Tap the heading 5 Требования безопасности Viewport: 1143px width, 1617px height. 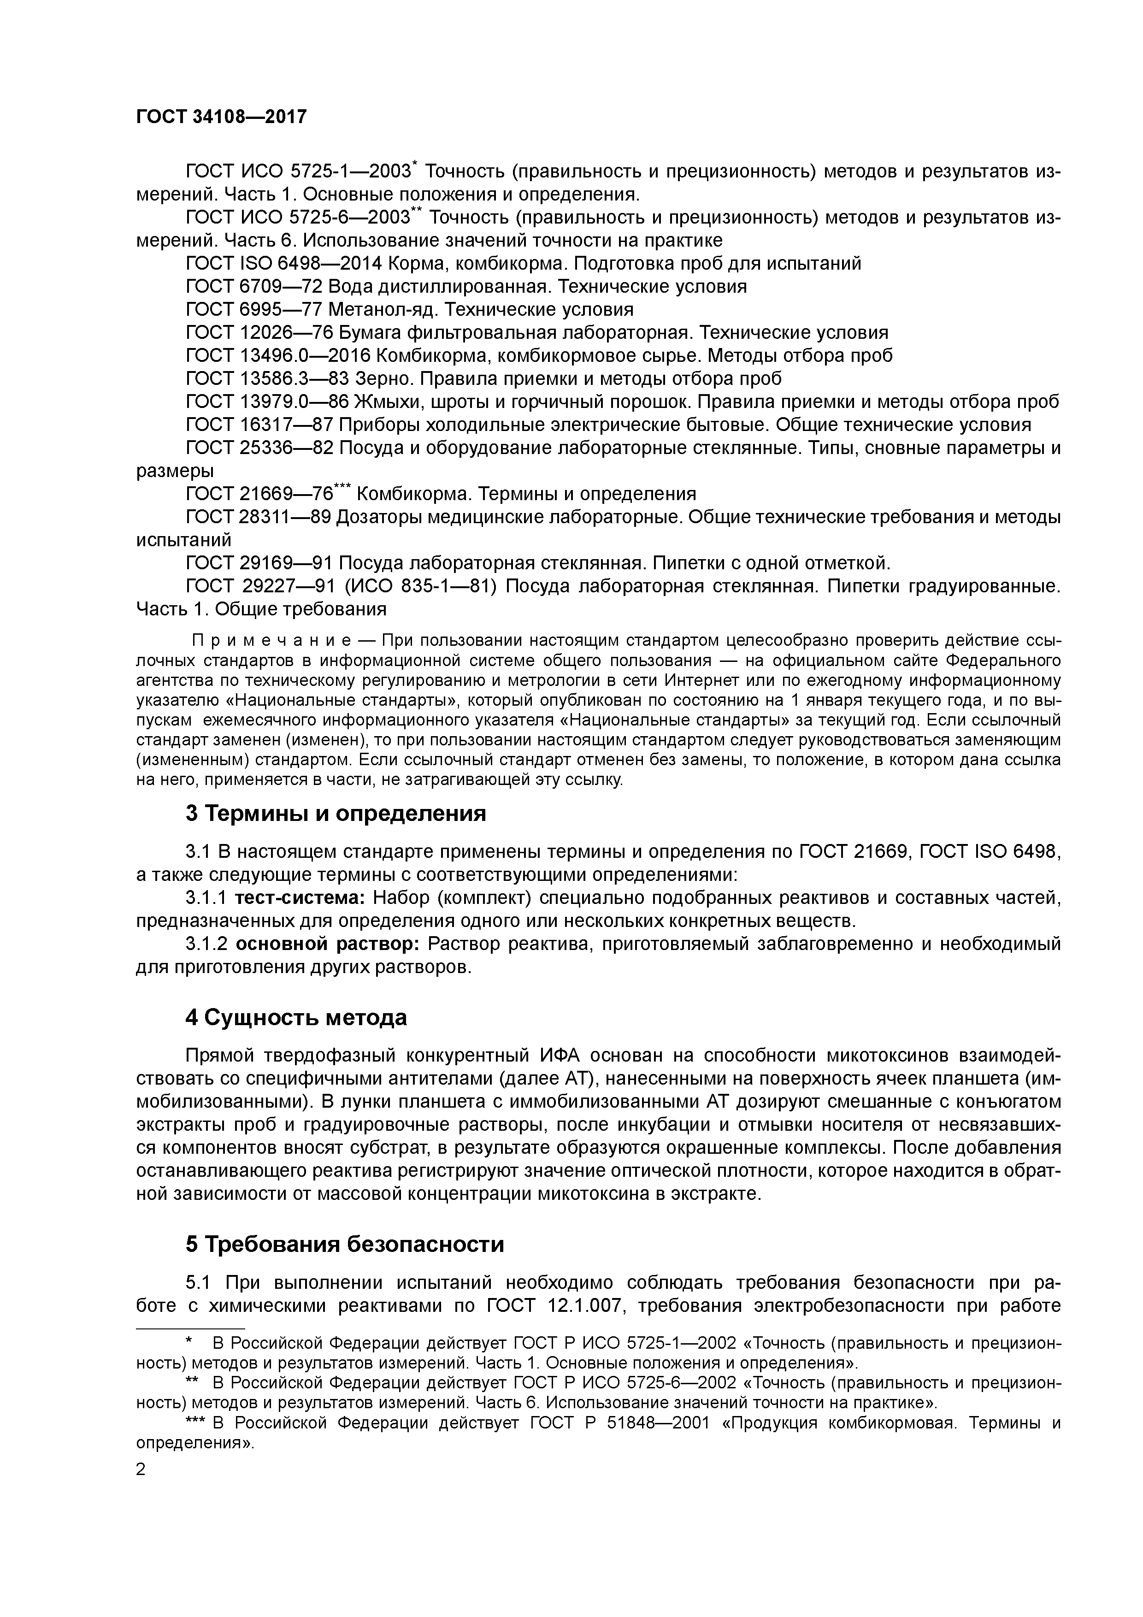pos(344,1245)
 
